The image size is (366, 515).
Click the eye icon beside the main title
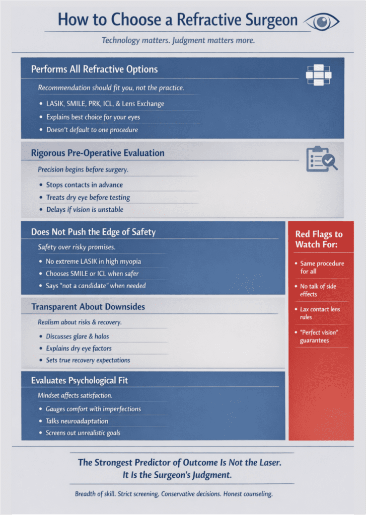tap(322, 21)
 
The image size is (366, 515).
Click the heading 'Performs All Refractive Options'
tap(94, 69)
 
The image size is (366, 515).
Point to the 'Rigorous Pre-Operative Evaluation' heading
tap(98, 152)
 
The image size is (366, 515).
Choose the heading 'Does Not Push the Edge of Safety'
tap(93, 232)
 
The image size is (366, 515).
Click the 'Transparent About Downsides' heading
tap(89, 306)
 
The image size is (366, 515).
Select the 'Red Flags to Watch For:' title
tap(318, 239)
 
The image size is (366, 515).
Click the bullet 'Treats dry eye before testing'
tap(88, 197)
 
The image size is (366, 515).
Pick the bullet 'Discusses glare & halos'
tap(77, 336)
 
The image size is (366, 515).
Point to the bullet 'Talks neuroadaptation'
tap(77, 421)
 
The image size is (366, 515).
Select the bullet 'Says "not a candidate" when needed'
tap(96, 286)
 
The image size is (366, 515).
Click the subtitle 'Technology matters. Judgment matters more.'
tap(178, 40)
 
